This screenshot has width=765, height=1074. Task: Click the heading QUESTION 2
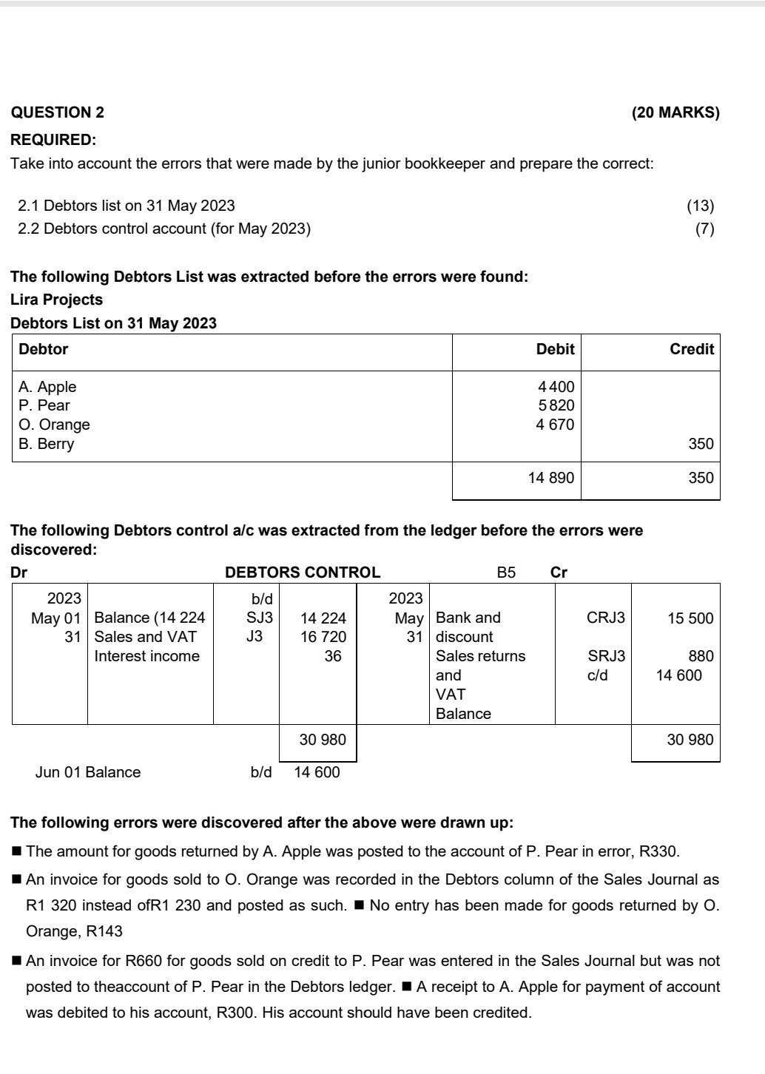tap(58, 112)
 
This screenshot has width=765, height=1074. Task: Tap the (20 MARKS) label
tap(675, 112)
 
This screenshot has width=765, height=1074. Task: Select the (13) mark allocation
tap(700, 206)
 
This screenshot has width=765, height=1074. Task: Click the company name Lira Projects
tap(57, 300)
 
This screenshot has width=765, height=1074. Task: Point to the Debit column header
tap(555, 349)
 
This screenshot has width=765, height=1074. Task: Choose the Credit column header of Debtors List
tap(691, 349)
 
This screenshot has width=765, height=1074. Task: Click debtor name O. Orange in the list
tap(54, 425)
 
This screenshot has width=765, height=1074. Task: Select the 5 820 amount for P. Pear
tap(556, 405)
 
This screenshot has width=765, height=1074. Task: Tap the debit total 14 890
tap(550, 478)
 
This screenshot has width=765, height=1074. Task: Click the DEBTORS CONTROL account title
tap(303, 573)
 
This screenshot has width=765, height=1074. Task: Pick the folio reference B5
tap(506, 573)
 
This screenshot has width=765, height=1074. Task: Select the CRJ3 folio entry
tap(605, 618)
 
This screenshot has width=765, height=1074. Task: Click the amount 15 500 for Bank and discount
tap(690, 618)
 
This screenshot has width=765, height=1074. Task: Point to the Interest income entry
tap(146, 656)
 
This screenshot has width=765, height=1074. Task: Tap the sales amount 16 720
tap(323, 637)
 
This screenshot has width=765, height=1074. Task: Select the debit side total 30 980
tap(322, 740)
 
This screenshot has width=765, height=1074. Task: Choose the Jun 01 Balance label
tap(88, 772)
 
